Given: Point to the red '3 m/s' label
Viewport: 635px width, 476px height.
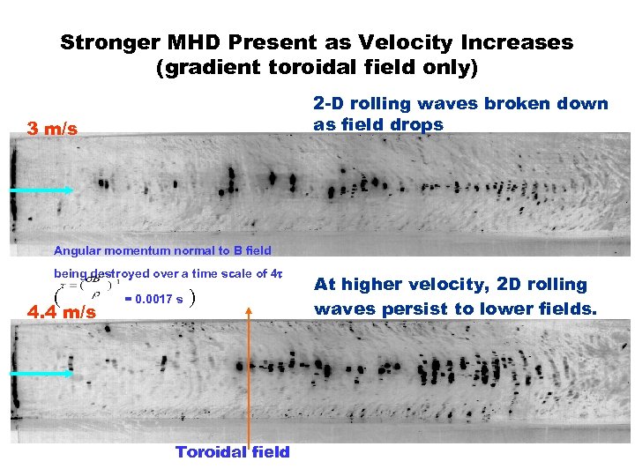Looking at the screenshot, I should pos(53,130).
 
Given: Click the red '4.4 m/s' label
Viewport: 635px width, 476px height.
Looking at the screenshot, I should pos(62,311).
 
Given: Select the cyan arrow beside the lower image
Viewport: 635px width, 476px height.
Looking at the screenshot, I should pos(42,374).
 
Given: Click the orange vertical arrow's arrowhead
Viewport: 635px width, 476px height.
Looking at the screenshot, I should pos(250,313).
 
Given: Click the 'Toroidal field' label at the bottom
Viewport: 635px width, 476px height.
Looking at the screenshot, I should pos(232,452).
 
